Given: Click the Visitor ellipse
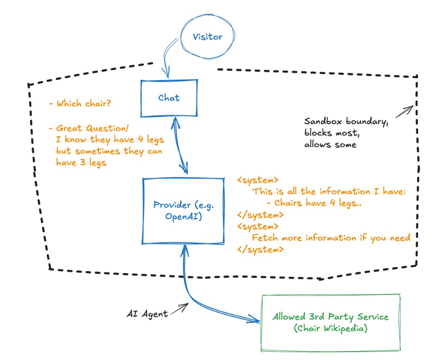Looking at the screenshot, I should [x=207, y=37].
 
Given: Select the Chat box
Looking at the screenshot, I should [x=169, y=98].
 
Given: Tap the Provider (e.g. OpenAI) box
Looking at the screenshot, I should [x=183, y=211].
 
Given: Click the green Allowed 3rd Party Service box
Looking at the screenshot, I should [x=331, y=322].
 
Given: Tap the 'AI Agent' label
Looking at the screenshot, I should [x=147, y=314].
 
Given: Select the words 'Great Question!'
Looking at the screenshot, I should [x=92, y=128].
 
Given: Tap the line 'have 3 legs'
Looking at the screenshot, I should [x=81, y=163].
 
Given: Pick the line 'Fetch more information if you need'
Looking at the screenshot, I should [x=331, y=238].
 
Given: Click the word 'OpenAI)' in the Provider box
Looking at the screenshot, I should [x=178, y=217].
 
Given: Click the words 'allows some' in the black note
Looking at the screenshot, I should [x=330, y=145].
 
